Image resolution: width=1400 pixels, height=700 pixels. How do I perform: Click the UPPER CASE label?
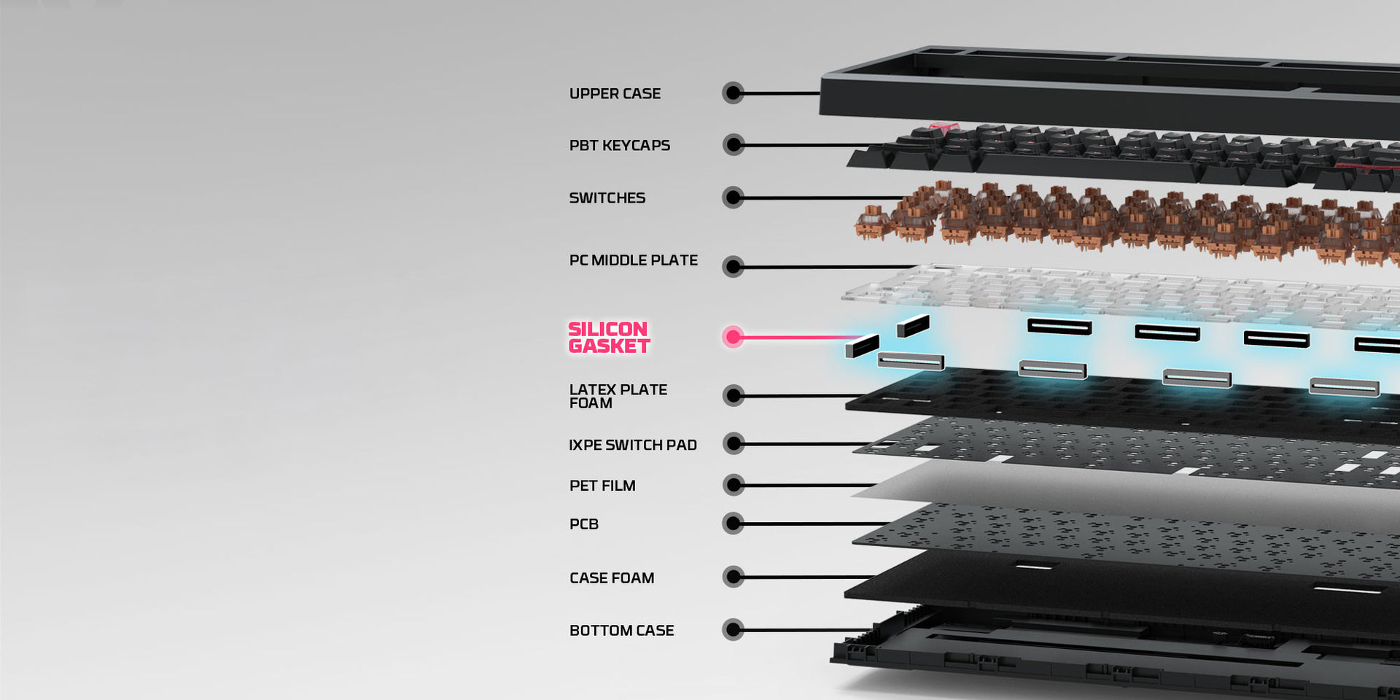[615, 94]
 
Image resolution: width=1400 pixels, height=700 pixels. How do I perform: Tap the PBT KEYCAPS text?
[619, 146]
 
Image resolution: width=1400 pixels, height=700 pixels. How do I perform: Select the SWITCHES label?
[607, 198]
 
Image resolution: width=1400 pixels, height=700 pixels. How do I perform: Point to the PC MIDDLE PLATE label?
[633, 260]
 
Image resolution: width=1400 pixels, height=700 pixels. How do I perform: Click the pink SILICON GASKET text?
[609, 338]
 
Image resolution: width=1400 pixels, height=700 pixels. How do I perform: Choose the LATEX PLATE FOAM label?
[618, 396]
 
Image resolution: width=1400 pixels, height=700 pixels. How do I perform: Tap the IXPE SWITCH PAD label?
[632, 445]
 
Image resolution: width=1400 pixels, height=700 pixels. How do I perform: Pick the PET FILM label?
[602, 486]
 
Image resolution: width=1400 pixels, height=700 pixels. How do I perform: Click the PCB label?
[583, 524]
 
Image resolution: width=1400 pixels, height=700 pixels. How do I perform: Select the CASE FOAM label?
[612, 578]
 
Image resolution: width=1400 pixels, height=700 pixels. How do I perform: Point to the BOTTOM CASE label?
[621, 631]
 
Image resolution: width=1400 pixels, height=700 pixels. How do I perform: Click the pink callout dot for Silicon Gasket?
[733, 337]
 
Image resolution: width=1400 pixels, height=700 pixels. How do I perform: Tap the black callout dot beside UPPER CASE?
[733, 93]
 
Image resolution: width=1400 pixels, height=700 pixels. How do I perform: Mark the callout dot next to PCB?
[733, 524]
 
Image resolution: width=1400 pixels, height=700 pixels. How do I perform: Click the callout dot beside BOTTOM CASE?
[733, 630]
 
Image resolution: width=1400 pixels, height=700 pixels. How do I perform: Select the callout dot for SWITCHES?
[733, 198]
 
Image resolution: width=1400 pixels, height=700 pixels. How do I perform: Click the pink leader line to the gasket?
[802, 338]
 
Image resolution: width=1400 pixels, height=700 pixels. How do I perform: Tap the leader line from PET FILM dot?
[809, 485]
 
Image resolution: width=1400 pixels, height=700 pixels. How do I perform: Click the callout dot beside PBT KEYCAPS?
[733, 145]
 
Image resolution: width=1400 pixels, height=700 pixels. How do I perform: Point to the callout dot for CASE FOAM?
[733, 577]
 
